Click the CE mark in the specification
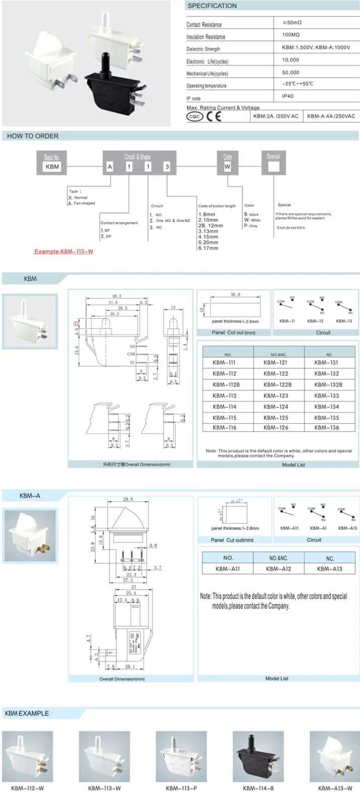click(214, 117)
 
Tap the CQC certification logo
click(195, 117)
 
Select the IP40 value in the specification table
click(288, 96)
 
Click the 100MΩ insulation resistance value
click(291, 35)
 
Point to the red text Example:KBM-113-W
click(64, 251)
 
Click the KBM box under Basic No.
click(52, 167)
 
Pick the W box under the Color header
click(227, 167)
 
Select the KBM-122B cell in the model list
click(277, 385)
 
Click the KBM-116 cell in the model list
click(224, 428)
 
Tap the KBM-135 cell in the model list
click(326, 418)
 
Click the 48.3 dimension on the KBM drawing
click(117, 296)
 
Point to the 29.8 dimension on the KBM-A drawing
click(128, 499)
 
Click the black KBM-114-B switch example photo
click(258, 756)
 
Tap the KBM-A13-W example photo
click(335, 756)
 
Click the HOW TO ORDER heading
click(33, 136)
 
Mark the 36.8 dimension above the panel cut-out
click(235, 294)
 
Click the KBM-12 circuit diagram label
click(315, 321)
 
